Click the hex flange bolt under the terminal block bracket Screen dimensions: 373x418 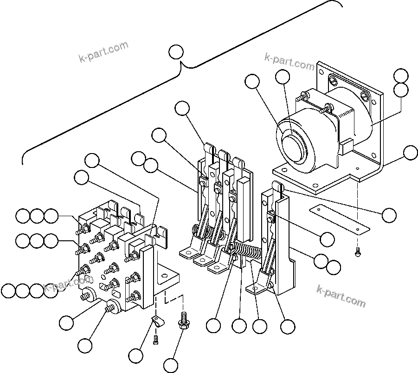[184, 320]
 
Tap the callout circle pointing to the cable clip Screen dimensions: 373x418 [136, 355]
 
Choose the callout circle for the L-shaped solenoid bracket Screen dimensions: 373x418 [410, 152]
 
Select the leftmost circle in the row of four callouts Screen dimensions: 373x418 [8, 290]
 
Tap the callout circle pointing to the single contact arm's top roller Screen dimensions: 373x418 [389, 214]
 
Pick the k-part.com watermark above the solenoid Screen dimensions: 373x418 [289, 61]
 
